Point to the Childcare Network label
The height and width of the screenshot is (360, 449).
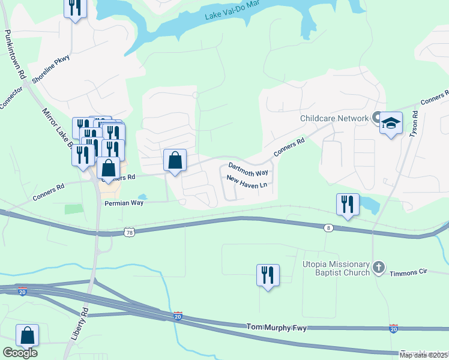click(x=334, y=118)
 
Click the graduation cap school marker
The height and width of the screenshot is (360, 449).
click(x=391, y=124)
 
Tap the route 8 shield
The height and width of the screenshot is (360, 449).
click(x=328, y=228)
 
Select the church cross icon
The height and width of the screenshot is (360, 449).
click(x=378, y=267)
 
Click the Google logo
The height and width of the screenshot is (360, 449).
click(x=20, y=352)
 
